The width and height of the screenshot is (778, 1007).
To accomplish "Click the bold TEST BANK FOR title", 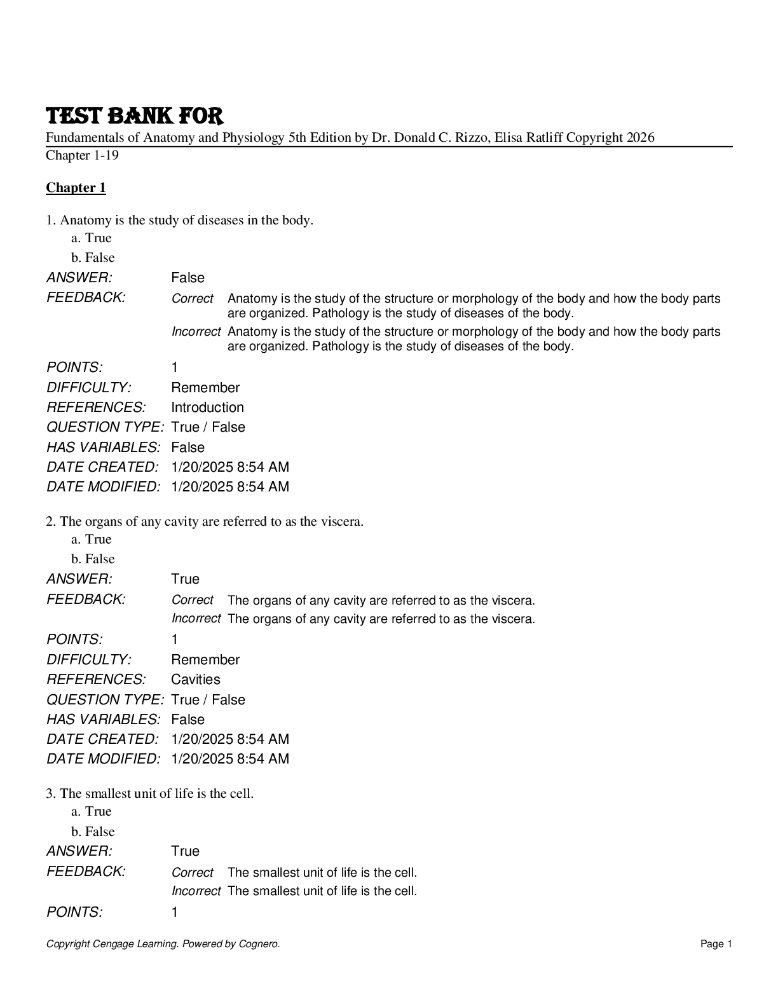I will click(134, 116).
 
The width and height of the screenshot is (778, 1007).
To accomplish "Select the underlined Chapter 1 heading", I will click(76, 188).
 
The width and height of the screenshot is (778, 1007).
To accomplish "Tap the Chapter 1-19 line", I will click(82, 155).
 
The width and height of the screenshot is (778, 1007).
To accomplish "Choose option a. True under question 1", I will click(92, 238).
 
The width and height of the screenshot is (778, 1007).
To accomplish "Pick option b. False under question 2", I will click(93, 559).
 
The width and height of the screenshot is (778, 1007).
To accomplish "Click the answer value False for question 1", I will click(188, 278).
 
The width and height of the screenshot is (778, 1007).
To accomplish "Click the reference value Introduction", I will click(207, 408).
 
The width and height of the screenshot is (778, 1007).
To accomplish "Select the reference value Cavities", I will click(195, 680).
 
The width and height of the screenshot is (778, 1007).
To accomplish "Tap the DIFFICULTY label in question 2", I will click(88, 659).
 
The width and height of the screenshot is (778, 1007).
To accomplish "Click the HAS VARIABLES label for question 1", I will click(103, 448).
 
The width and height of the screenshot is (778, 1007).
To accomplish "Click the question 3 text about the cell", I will click(150, 793).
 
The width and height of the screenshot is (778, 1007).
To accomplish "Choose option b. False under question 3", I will click(93, 832).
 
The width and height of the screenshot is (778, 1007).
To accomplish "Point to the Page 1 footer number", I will click(716, 944).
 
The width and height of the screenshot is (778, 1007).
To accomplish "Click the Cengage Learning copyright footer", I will click(163, 944).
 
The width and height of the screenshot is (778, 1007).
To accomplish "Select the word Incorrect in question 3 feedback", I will click(196, 891).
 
